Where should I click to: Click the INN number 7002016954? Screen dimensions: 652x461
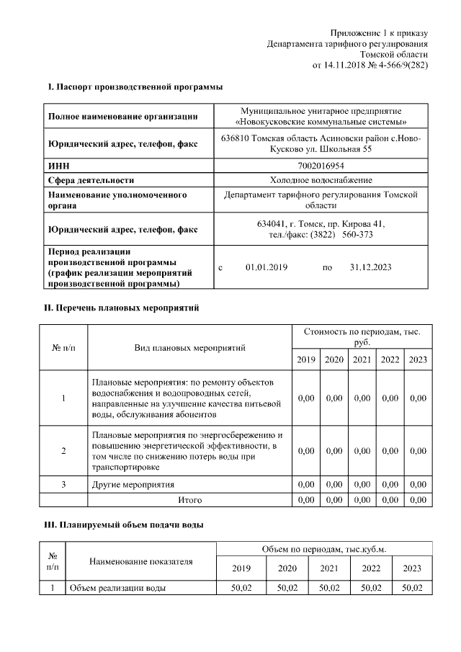tap(321, 166)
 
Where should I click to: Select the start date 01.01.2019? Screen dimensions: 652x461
tap(266, 267)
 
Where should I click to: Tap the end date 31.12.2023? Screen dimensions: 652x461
tap(370, 267)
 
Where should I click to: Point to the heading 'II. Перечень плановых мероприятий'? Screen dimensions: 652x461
tap(122, 308)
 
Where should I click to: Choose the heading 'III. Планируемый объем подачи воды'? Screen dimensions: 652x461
tap(125, 525)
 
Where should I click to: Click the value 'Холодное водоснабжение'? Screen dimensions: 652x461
tap(321, 180)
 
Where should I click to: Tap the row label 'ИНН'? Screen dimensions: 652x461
tap(58, 166)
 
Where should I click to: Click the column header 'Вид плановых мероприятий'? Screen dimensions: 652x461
tap(190, 347)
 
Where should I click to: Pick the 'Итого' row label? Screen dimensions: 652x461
tap(190, 499)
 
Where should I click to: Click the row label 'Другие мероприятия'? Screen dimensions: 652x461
tap(133, 484)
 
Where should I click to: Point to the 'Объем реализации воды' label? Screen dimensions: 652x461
tap(117, 588)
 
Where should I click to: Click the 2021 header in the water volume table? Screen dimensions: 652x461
tap(329, 568)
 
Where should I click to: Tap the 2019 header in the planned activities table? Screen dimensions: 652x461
tap(306, 360)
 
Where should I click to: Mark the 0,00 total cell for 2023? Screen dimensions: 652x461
tap(417, 499)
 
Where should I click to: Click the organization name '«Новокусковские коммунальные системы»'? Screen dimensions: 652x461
tap(321, 121)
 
